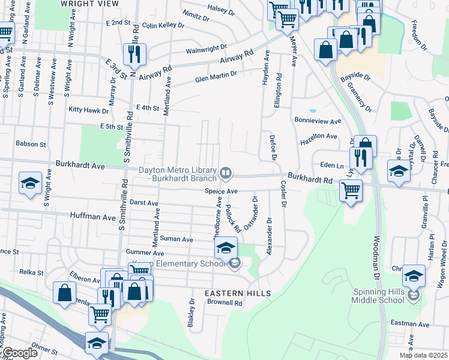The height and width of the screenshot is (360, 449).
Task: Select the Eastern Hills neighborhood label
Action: (238, 293)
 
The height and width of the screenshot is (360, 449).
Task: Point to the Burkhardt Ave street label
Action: (80, 164)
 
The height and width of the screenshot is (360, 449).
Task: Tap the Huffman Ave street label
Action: (92, 214)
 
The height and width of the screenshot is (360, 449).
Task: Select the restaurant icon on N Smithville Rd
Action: (132, 55)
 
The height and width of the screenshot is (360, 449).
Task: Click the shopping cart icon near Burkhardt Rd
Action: (351, 191)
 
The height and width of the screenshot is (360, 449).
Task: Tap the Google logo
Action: (20, 353)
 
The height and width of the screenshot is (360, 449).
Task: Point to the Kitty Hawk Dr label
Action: (88, 110)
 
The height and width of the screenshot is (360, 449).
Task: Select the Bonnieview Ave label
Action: (318, 121)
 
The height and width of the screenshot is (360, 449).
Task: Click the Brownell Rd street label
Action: (224, 304)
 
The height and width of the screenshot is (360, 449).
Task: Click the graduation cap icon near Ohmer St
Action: (97, 343)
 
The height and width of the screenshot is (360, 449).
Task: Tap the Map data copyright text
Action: (424, 355)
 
